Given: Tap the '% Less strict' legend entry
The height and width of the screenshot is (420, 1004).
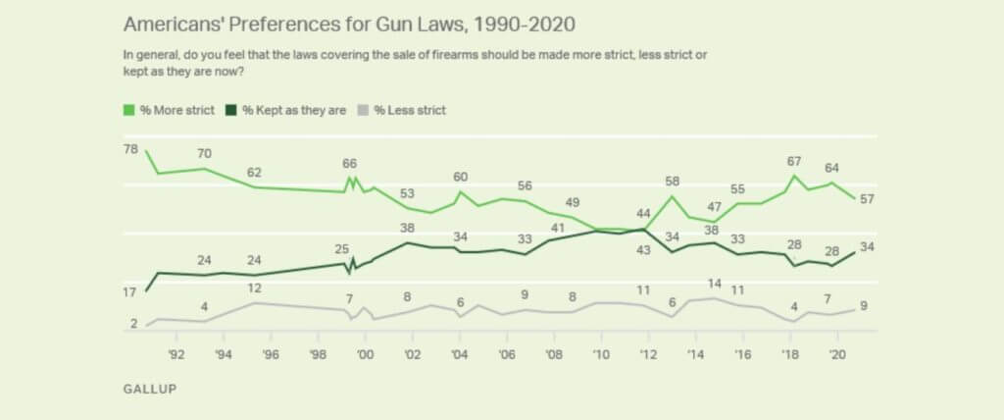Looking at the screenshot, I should [404, 110].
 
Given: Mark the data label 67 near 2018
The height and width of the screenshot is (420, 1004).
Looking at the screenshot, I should [794, 161].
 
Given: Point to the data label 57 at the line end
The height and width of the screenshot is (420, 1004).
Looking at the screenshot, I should [867, 199].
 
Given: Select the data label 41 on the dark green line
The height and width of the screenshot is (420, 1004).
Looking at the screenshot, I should [557, 228].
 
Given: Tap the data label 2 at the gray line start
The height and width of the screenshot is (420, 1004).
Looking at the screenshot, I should [132, 324].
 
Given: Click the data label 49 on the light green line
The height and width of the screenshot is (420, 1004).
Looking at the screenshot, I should [573, 202].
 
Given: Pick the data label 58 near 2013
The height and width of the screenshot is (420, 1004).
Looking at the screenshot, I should [672, 182].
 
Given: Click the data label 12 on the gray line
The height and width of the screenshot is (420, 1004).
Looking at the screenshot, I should [254, 289].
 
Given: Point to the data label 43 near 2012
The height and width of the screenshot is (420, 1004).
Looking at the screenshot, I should [644, 249].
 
